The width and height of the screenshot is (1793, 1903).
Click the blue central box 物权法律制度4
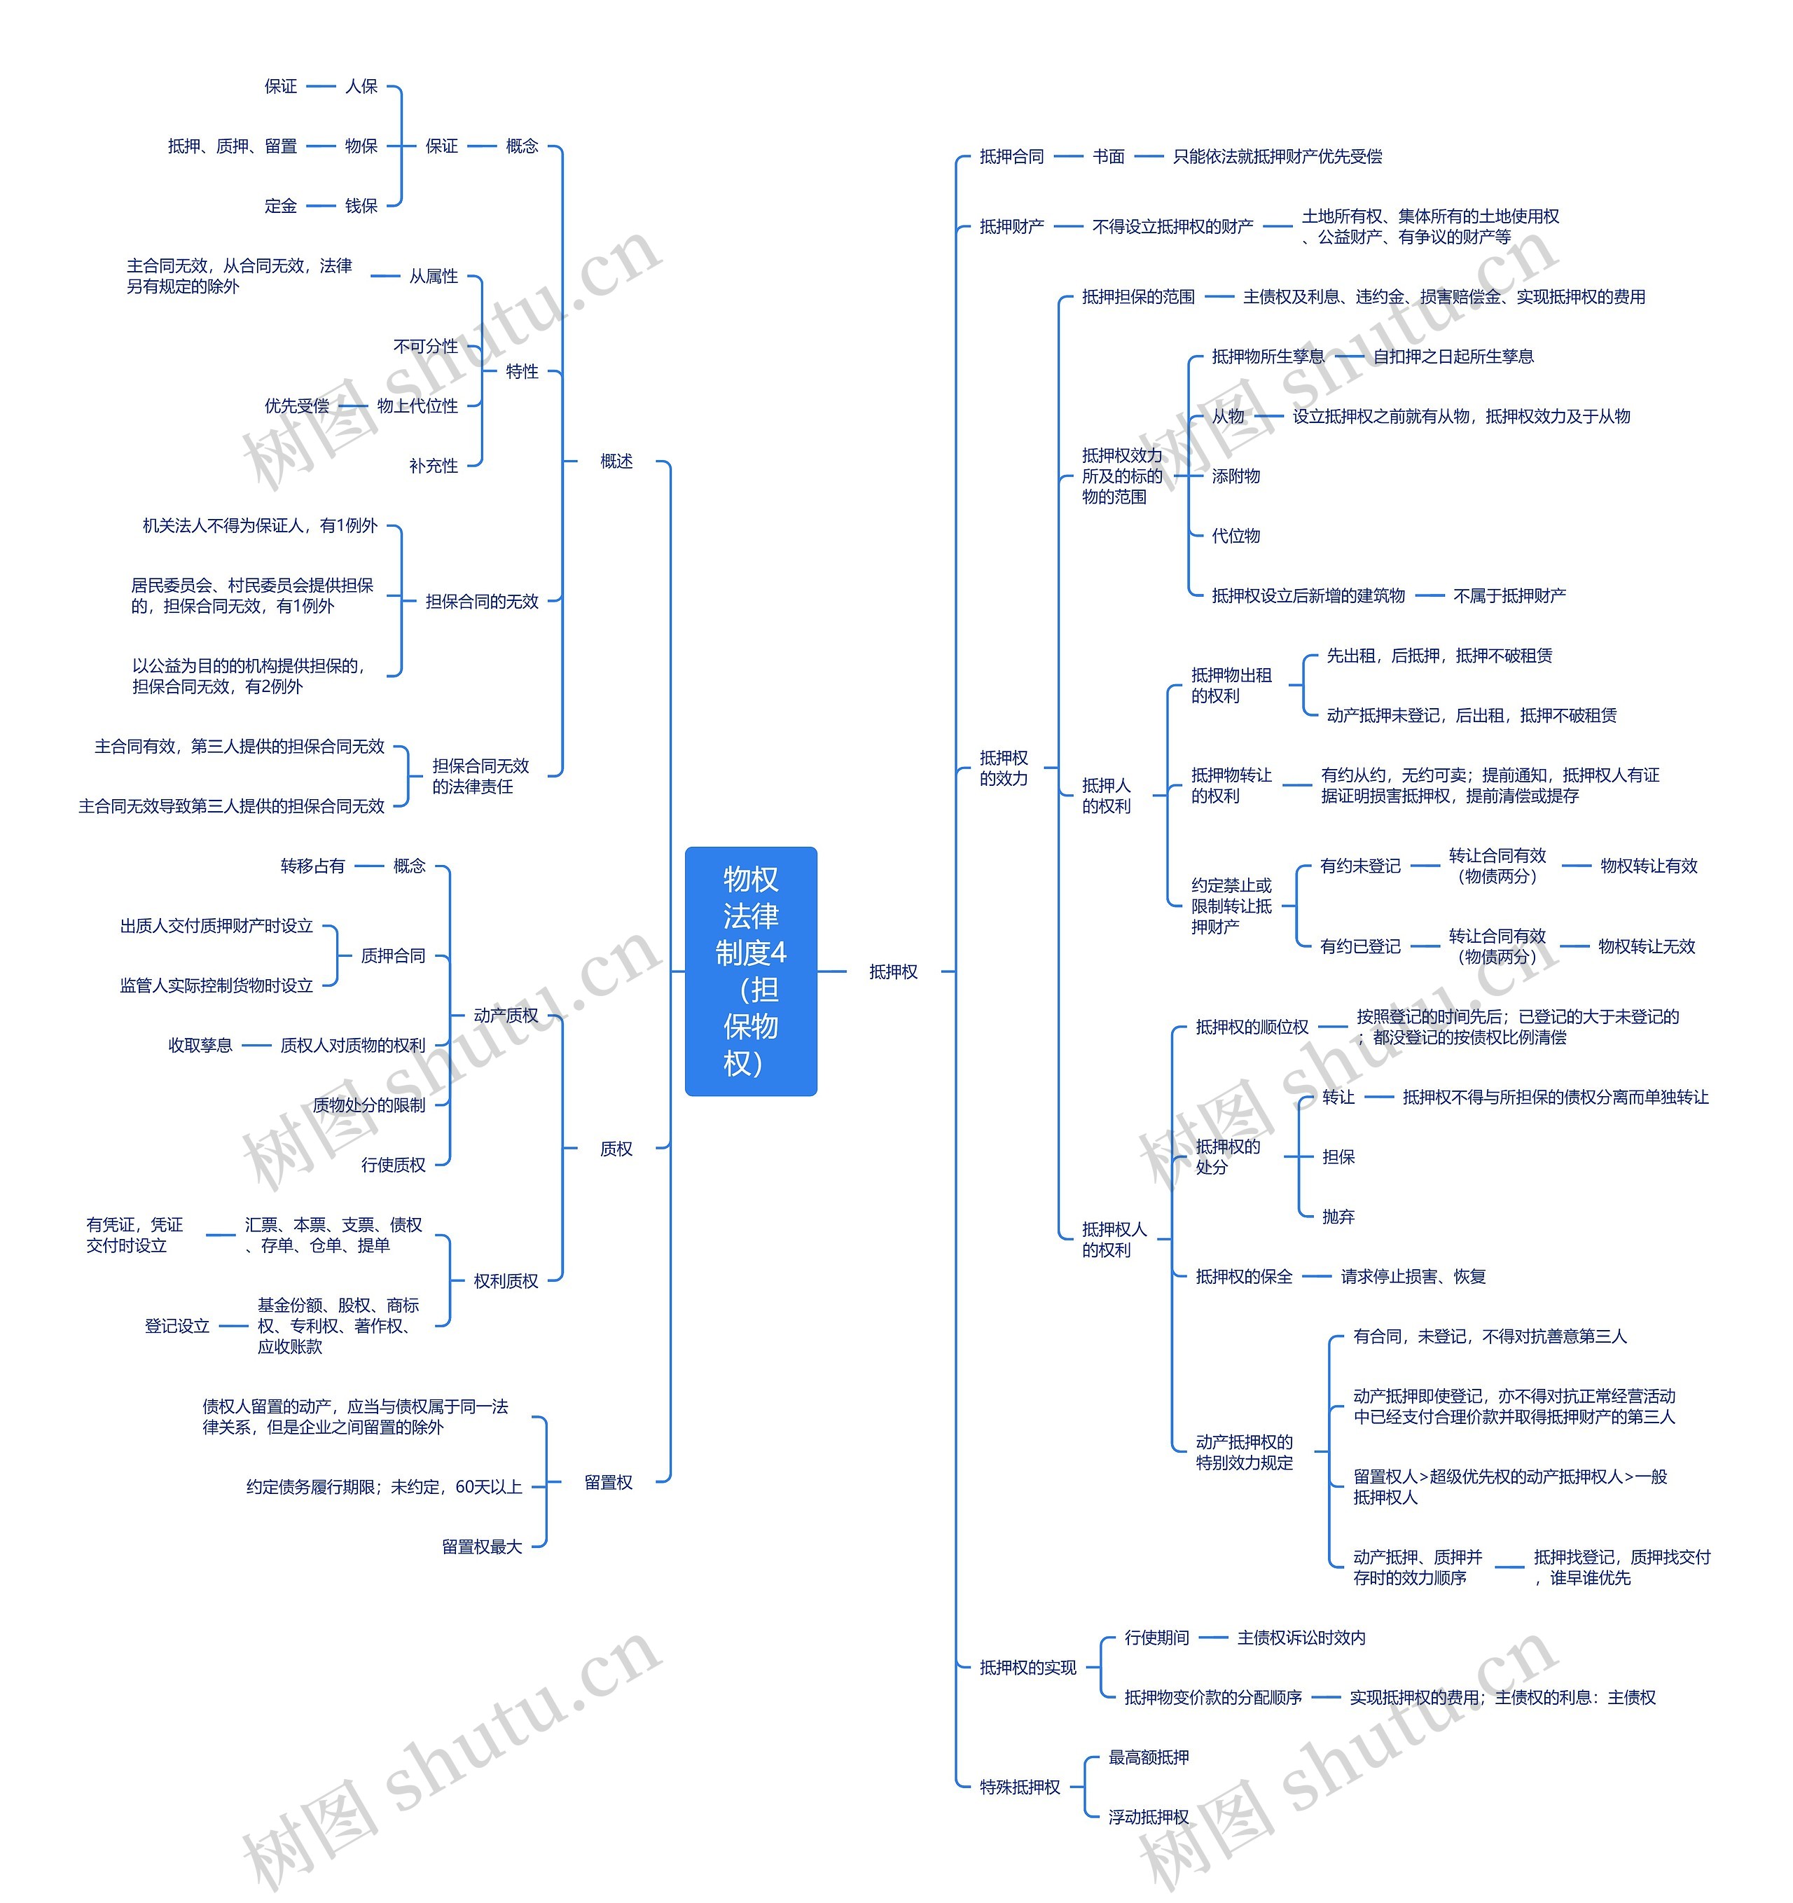click(751, 971)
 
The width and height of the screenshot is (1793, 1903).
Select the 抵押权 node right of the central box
click(893, 971)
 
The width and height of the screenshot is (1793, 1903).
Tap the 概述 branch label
click(616, 462)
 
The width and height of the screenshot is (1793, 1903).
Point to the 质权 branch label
click(616, 1149)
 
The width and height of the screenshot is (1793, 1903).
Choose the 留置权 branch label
click(609, 1483)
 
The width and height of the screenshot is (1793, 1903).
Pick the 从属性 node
click(434, 277)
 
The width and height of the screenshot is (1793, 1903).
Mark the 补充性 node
click(434, 466)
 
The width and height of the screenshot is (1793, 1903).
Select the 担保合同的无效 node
click(483, 601)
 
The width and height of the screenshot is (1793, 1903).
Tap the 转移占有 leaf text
click(312, 865)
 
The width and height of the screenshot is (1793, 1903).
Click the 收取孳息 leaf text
click(200, 1045)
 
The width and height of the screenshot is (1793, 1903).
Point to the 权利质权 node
click(506, 1281)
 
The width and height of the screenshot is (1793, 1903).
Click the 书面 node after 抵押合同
click(1109, 156)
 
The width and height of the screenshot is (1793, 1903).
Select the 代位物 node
click(1236, 536)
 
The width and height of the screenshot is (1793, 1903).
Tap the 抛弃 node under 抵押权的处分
click(1338, 1217)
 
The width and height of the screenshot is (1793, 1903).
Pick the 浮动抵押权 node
click(1149, 1817)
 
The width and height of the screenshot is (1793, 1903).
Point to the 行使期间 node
click(1156, 1638)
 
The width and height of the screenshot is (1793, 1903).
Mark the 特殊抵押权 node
click(1020, 1787)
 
